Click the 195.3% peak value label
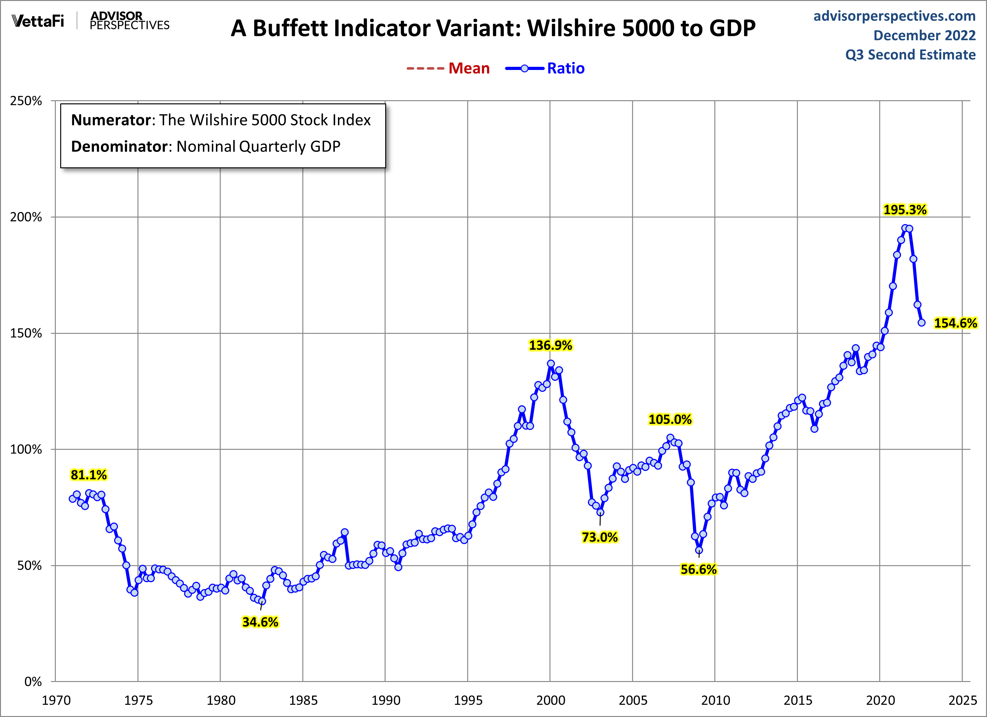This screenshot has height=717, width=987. [x=905, y=210]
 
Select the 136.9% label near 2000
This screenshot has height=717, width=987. [x=550, y=345]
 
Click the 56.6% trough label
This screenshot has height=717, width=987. [x=699, y=570]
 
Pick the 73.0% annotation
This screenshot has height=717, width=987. [x=600, y=537]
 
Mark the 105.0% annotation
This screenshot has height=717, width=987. [x=670, y=419]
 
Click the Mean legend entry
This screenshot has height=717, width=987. [x=469, y=68]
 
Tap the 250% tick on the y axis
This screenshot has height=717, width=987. [x=26, y=101]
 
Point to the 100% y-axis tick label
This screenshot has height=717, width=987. [x=26, y=449]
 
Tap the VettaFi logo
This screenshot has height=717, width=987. [x=38, y=20]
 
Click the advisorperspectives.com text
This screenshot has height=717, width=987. [x=894, y=16]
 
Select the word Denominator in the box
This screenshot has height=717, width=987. [x=119, y=147]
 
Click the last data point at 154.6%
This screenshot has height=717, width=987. [x=921, y=322]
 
